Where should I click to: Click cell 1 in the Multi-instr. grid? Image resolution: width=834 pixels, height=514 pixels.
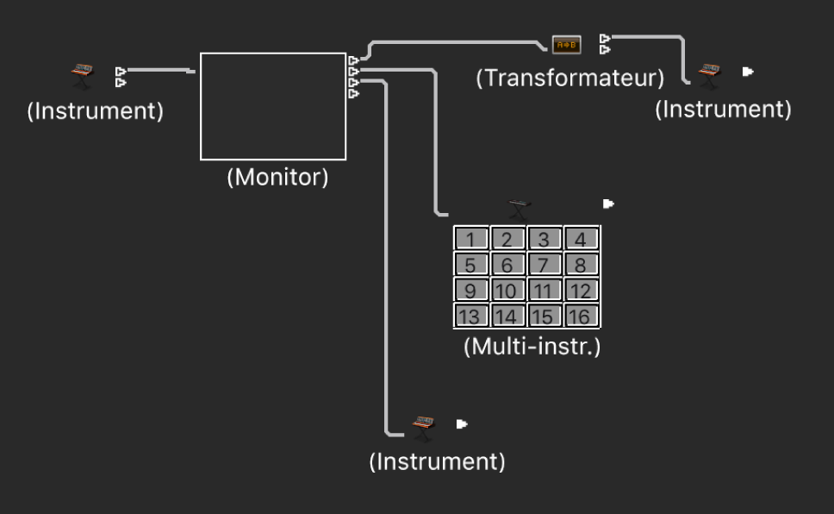point(471,239)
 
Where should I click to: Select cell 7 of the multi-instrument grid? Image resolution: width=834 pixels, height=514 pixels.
point(545,265)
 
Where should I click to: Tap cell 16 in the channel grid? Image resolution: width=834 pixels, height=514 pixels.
point(581,316)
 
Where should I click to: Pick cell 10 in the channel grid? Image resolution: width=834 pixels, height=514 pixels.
point(507,291)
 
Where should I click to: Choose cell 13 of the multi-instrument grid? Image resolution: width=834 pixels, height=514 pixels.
point(470,316)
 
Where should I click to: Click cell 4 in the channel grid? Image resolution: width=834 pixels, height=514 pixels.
point(581,239)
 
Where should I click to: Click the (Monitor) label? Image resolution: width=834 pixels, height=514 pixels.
point(277,178)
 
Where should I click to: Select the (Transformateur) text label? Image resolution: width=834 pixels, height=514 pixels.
point(570,78)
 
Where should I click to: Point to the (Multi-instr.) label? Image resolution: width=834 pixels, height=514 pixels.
point(532,348)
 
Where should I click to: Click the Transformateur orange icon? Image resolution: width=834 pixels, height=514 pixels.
point(566,45)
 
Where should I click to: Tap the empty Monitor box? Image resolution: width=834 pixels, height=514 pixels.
point(273,106)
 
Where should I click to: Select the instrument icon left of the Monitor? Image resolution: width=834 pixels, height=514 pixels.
point(83,76)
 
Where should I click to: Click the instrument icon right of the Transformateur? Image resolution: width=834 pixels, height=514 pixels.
point(709,74)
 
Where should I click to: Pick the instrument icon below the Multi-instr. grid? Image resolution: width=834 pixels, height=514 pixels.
point(422,425)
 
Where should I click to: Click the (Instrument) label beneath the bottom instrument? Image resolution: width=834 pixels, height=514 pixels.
point(437,461)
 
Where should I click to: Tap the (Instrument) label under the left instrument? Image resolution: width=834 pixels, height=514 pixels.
point(95,112)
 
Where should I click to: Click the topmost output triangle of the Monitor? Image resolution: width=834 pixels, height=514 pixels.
point(353,60)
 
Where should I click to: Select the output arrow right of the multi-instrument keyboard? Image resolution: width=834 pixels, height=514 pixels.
point(608,204)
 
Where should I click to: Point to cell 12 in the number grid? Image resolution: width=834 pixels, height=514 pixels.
point(581,291)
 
